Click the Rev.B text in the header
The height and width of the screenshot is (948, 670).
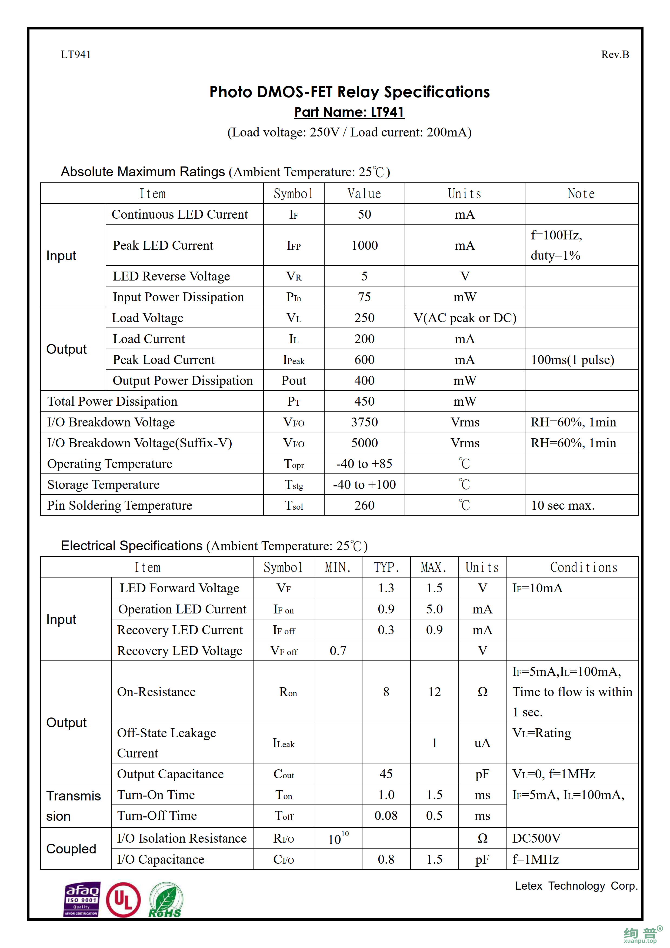pos(615,55)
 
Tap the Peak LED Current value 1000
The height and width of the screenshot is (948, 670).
pos(365,245)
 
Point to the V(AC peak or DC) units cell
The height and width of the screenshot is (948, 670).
pos(465,318)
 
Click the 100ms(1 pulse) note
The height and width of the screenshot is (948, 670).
pos(572,360)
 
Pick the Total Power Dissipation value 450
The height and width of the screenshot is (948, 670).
pos(365,401)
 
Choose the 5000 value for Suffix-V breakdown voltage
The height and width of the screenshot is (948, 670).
pos(365,443)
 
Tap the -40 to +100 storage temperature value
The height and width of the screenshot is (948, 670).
pos(365,485)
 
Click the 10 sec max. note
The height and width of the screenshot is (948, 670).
pos(562,505)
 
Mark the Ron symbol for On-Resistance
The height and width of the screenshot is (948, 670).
pos(288,692)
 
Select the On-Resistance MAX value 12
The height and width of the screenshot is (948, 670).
pos(434,692)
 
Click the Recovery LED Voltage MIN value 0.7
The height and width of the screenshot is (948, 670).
pos(338,651)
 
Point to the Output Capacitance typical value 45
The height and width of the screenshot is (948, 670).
pos(386,774)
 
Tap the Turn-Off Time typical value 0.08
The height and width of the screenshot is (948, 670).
pos(386,816)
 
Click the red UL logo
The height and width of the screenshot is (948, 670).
pos(123,900)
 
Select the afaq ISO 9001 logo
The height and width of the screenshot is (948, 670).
pos(82,899)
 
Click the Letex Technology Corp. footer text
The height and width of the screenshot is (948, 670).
pos(576,886)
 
